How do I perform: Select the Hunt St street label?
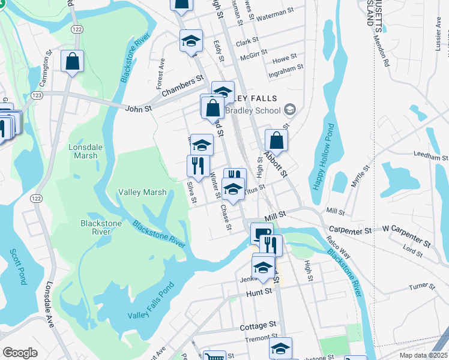click(x=259, y=293)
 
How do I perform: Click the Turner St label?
click(x=421, y=287)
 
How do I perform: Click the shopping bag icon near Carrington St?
click(x=72, y=61)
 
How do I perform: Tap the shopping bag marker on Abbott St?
click(x=276, y=141)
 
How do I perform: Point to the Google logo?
click(x=20, y=353)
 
